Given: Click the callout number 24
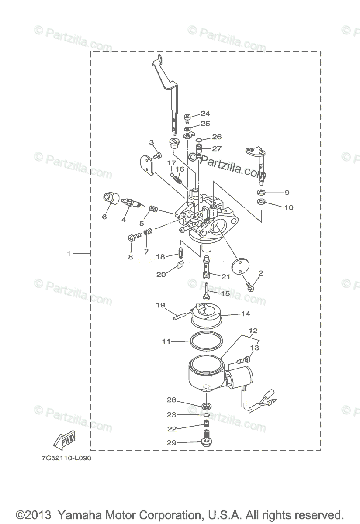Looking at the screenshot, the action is pos(205,114).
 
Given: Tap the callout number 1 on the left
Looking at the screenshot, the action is pos(69,253).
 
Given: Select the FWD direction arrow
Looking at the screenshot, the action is pos(64,441).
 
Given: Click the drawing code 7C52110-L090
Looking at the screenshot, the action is pos(64,459).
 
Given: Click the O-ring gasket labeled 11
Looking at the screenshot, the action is pos(206,341).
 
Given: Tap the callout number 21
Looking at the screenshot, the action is pos(225,276).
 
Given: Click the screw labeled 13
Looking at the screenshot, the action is pos(243,360).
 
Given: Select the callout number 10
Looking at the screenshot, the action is pos(289,207).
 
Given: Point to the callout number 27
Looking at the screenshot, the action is pos(217,148).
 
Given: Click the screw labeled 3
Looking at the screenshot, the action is pos(158,155).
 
